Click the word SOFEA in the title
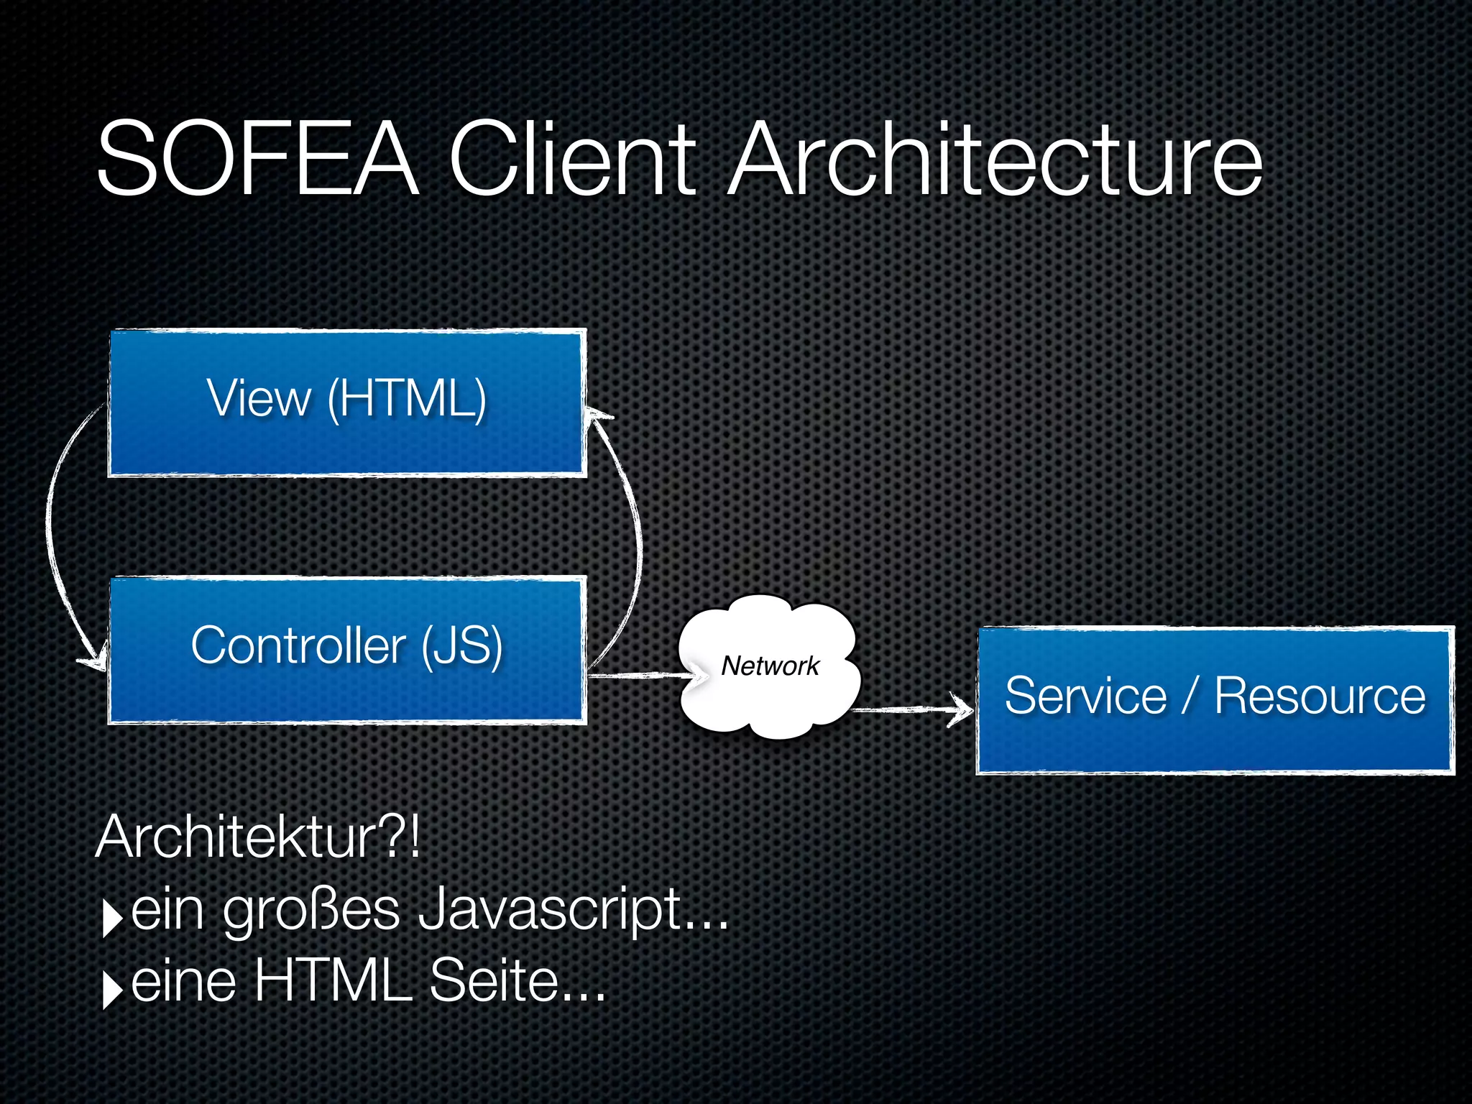(x=257, y=160)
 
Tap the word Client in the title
(x=571, y=160)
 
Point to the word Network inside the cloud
(x=770, y=666)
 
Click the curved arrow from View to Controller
(x=52, y=532)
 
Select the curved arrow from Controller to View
(x=635, y=532)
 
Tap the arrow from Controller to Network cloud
(x=640, y=676)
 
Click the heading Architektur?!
(x=257, y=837)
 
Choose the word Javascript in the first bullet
(x=573, y=911)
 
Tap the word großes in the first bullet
(x=310, y=911)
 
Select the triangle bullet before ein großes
(x=112, y=918)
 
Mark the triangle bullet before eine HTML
(x=112, y=990)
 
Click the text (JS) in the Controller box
(x=461, y=645)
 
